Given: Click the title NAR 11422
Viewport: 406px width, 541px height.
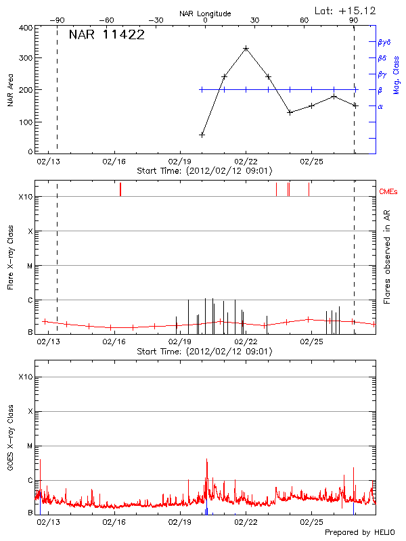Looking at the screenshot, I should tap(106, 35).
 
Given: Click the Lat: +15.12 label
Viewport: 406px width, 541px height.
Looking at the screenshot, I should tap(346, 10).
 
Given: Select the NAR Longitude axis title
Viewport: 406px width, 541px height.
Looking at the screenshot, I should tap(205, 14).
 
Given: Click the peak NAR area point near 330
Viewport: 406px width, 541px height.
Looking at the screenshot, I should tap(246, 49).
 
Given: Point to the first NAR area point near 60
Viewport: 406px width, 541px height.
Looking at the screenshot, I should tap(202, 135).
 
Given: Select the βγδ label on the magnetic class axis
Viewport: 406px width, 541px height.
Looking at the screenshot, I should tap(384, 42).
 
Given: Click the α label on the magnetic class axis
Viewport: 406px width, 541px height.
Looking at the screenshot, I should tap(380, 106).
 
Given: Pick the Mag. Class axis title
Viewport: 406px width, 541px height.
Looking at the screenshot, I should tap(397, 74).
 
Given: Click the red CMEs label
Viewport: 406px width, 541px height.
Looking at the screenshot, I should tap(389, 193).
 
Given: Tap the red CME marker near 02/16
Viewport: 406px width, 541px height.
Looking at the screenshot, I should tap(120, 189).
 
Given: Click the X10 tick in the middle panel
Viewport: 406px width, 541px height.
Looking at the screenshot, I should tap(26, 197).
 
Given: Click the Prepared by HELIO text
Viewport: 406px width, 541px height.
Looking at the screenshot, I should tap(359, 532).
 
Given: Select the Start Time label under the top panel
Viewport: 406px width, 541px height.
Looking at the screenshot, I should tap(204, 171).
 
